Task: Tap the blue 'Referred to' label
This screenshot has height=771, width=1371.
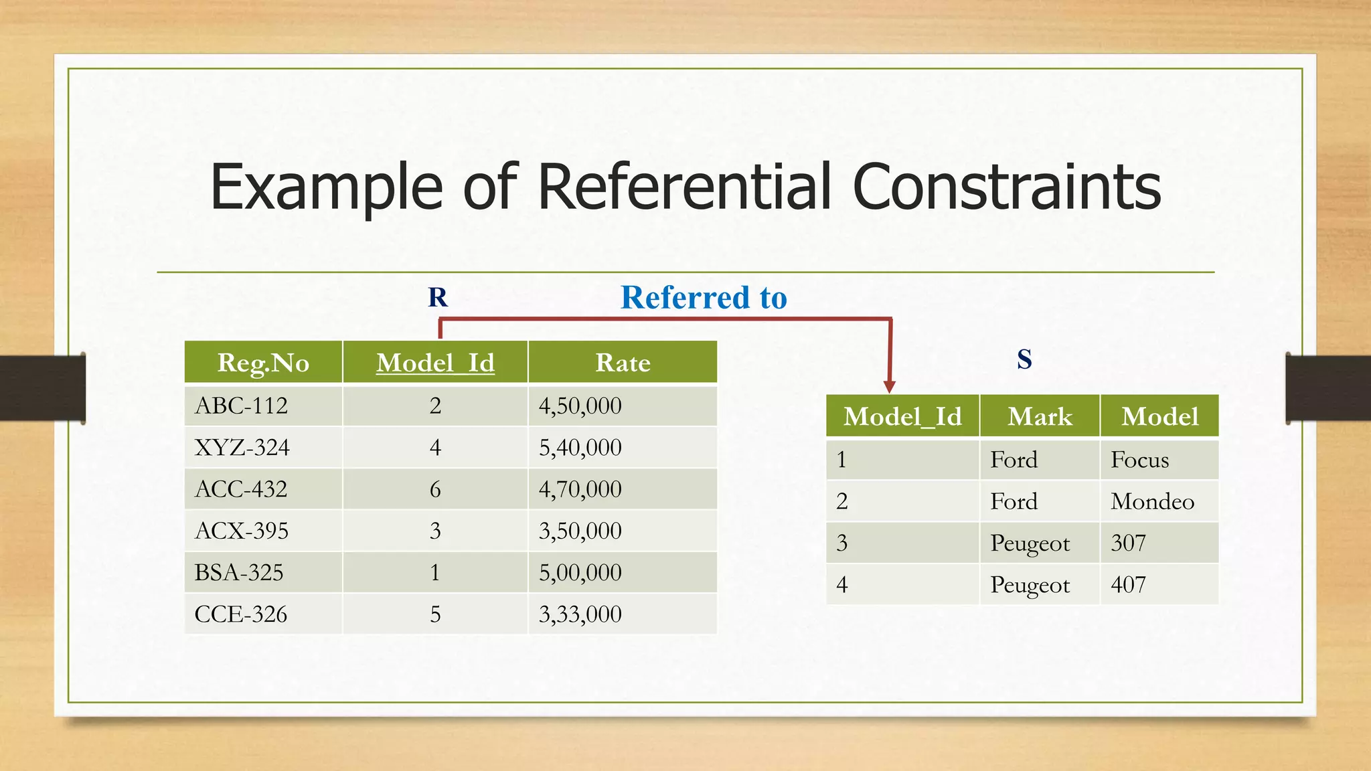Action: coord(704,297)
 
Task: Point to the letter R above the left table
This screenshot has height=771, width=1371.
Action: coord(438,297)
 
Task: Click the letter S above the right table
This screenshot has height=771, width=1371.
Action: coord(1024,359)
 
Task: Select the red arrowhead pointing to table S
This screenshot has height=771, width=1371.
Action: coord(889,386)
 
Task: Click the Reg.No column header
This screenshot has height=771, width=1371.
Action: coord(263,363)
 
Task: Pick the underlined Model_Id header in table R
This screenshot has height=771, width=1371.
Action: coord(435,363)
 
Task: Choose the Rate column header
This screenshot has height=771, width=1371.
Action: coord(623,363)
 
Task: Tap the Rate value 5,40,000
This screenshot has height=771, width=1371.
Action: coord(580,447)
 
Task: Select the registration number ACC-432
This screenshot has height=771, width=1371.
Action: coord(241,489)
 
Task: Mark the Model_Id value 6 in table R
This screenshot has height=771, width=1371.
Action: coord(435,489)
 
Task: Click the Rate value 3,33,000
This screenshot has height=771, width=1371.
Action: coord(580,614)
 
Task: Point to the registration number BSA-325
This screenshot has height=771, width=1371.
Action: coord(239,572)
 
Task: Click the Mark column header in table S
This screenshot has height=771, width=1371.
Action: coord(1040,417)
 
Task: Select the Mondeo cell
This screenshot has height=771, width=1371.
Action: coord(1152,501)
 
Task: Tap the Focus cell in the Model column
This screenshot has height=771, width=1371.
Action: coord(1139,460)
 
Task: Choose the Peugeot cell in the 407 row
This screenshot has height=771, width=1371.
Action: coord(1030,585)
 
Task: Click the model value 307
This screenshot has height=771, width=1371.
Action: coord(1128,543)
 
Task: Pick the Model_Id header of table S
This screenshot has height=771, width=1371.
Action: coord(902,417)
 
